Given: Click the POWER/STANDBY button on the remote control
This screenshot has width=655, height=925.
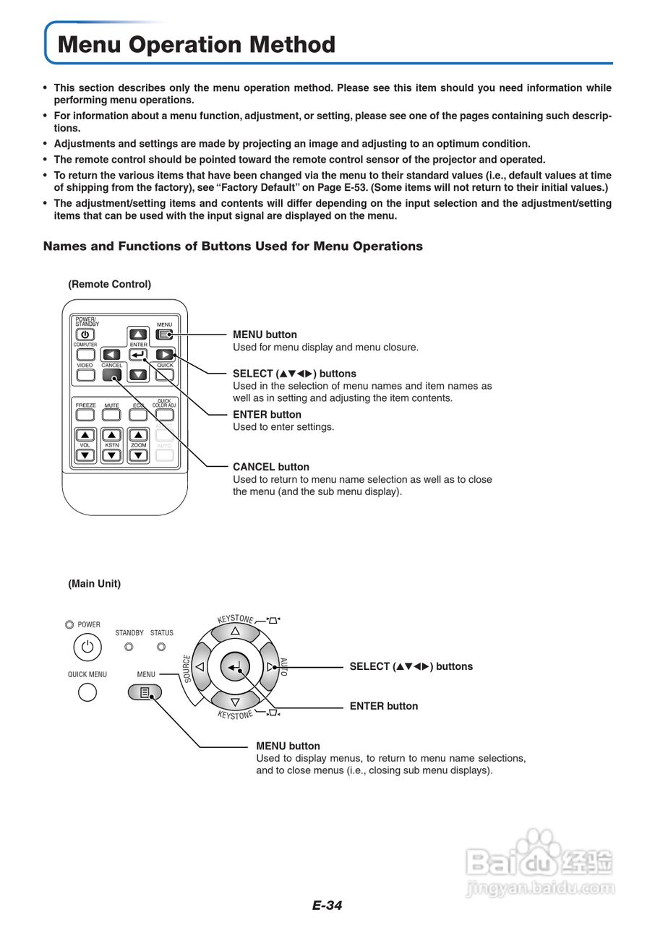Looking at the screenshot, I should (x=85, y=335).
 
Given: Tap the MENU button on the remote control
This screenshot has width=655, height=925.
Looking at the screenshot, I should (x=165, y=335).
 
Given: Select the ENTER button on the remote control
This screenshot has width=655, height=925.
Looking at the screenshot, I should (x=138, y=355).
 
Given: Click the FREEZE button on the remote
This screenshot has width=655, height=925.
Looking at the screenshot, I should (x=85, y=416).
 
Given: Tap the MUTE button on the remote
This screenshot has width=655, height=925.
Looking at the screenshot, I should (x=111, y=416).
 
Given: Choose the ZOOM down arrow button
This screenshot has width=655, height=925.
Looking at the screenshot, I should (x=138, y=455).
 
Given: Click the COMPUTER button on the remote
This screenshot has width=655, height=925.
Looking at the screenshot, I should (x=85, y=355).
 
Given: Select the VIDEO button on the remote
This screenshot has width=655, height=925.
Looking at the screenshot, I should (x=85, y=375).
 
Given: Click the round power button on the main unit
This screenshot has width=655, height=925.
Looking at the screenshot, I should (x=87, y=647).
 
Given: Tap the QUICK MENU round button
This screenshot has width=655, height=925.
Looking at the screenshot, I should (x=87, y=692).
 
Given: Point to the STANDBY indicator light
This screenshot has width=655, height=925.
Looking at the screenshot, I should (x=129, y=647).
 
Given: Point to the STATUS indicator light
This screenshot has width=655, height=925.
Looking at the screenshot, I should (x=161, y=647).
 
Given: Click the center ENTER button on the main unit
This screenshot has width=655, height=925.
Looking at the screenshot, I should (x=234, y=667).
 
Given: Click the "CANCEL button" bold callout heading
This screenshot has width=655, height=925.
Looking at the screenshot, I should (x=270, y=467).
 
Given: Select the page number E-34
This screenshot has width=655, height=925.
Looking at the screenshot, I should (x=327, y=905).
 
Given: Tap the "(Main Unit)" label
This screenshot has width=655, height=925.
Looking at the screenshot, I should (x=94, y=583).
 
